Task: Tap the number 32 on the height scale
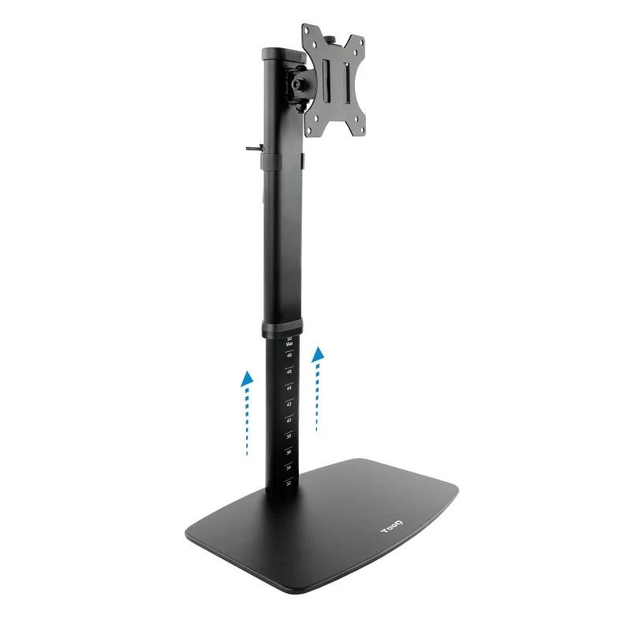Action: pyautogui.click(x=289, y=483)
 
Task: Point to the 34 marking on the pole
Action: pyautogui.click(x=289, y=468)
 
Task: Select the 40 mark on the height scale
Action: pyautogui.click(x=289, y=420)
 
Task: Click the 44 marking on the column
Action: pyautogui.click(x=289, y=387)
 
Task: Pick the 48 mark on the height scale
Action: pyautogui.click(x=289, y=355)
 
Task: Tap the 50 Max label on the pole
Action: pyautogui.click(x=289, y=341)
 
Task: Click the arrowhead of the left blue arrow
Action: pyautogui.click(x=248, y=377)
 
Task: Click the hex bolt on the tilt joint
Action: pyautogui.click(x=299, y=83)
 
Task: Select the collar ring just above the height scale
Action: pyautogui.click(x=282, y=328)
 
